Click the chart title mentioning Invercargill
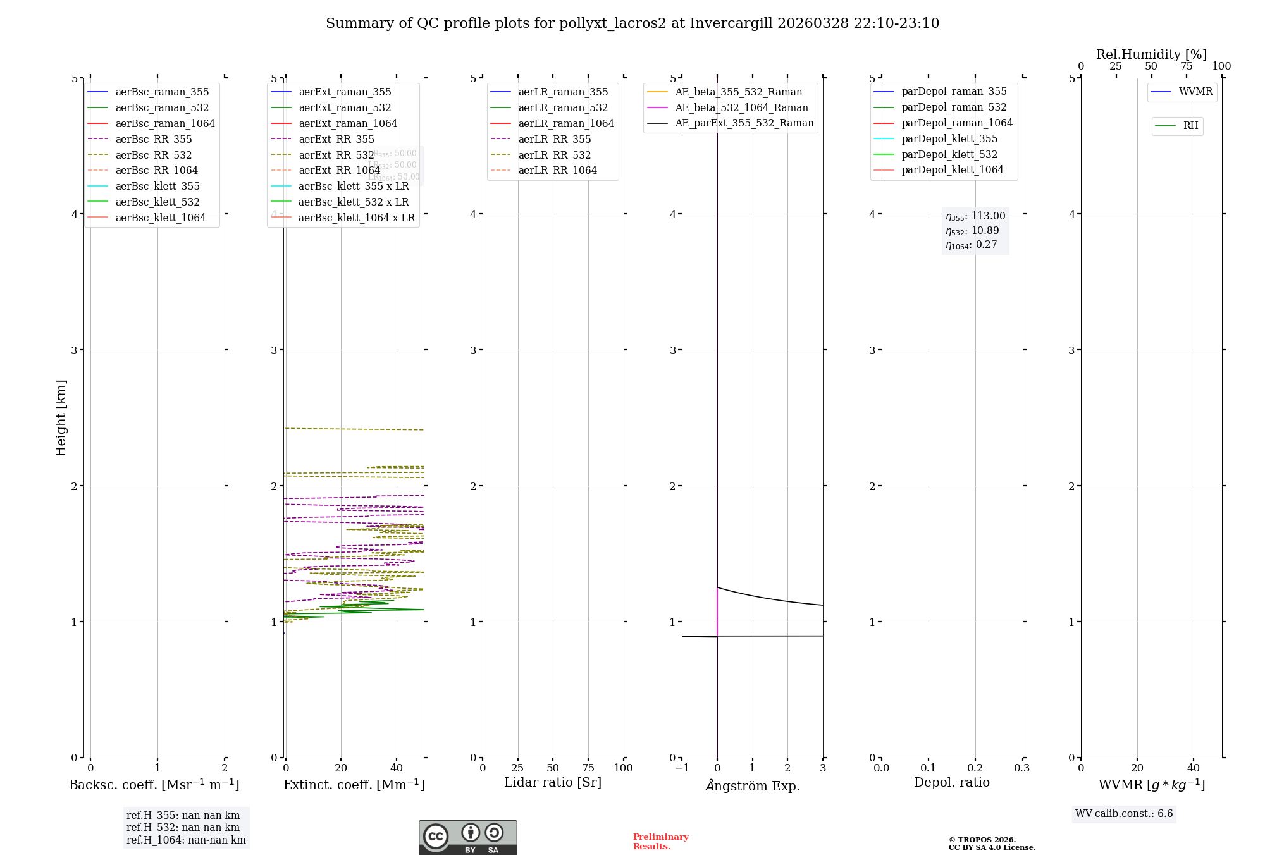[x=632, y=23]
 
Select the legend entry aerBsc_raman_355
[x=162, y=92]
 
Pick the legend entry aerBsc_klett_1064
[x=160, y=218]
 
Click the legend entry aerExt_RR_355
[x=336, y=140]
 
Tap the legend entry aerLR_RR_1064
[x=557, y=171]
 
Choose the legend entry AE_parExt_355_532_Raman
[x=744, y=123]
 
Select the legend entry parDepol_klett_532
[x=949, y=155]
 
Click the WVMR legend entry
[x=1195, y=92]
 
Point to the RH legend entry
[x=1190, y=126]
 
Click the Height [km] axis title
[x=61, y=418]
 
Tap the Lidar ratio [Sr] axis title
[x=553, y=783]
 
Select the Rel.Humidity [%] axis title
[x=1151, y=54]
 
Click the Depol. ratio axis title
[x=951, y=783]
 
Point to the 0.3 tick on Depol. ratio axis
[x=1021, y=768]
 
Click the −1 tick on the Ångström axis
[x=682, y=768]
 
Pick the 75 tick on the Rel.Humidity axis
[x=1187, y=66]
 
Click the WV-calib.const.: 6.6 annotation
[x=1124, y=814]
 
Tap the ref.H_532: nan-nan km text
[x=183, y=828]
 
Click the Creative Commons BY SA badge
[x=467, y=838]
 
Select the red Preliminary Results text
[x=660, y=842]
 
